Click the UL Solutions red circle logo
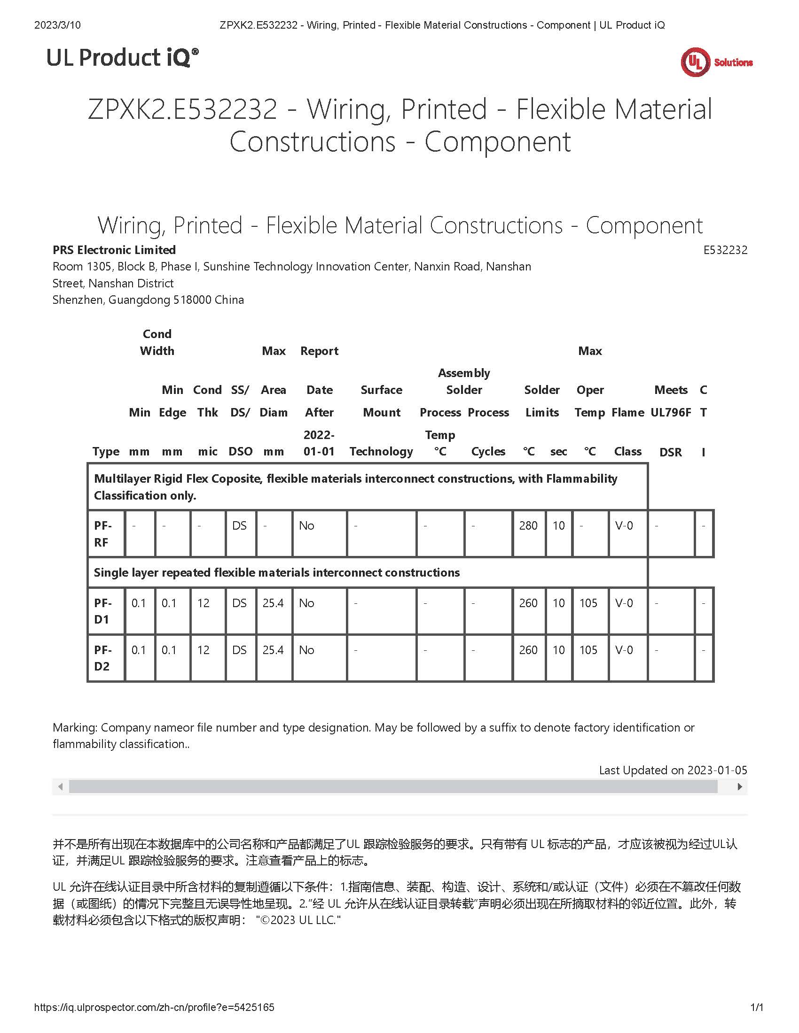[x=695, y=62]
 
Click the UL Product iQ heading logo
[x=122, y=58]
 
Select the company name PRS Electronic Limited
[x=114, y=250]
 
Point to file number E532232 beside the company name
[x=725, y=250]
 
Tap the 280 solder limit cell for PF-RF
[x=528, y=525]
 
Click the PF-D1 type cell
[x=102, y=610]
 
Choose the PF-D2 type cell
[x=102, y=657]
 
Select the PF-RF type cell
[x=102, y=533]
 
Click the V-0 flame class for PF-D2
[x=624, y=650]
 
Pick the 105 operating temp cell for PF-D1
[x=588, y=603]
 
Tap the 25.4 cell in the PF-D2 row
[x=273, y=650]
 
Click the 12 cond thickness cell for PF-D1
[x=204, y=603]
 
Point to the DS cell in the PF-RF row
[x=240, y=525]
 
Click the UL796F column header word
[x=671, y=412]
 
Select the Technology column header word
[x=382, y=452]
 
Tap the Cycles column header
[x=488, y=452]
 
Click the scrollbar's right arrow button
[x=740, y=786]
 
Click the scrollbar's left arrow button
[x=60, y=786]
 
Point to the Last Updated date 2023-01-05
[x=717, y=770]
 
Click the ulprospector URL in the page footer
[x=154, y=1008]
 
